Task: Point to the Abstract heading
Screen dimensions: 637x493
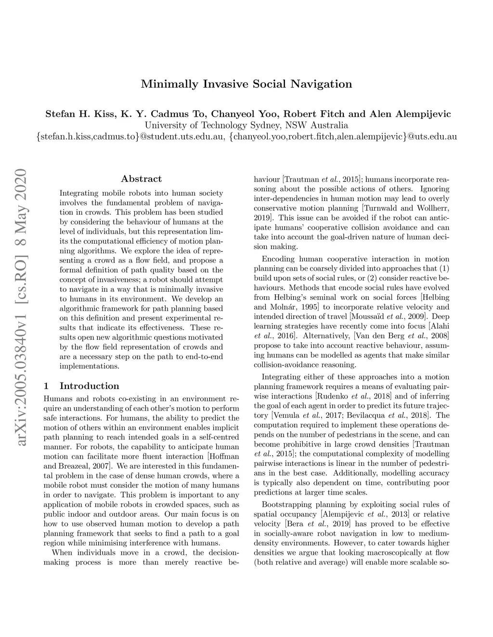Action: [x=142, y=179]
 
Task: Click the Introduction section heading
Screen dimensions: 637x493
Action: [x=89, y=386]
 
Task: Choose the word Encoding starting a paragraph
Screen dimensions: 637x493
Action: [x=277, y=259]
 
